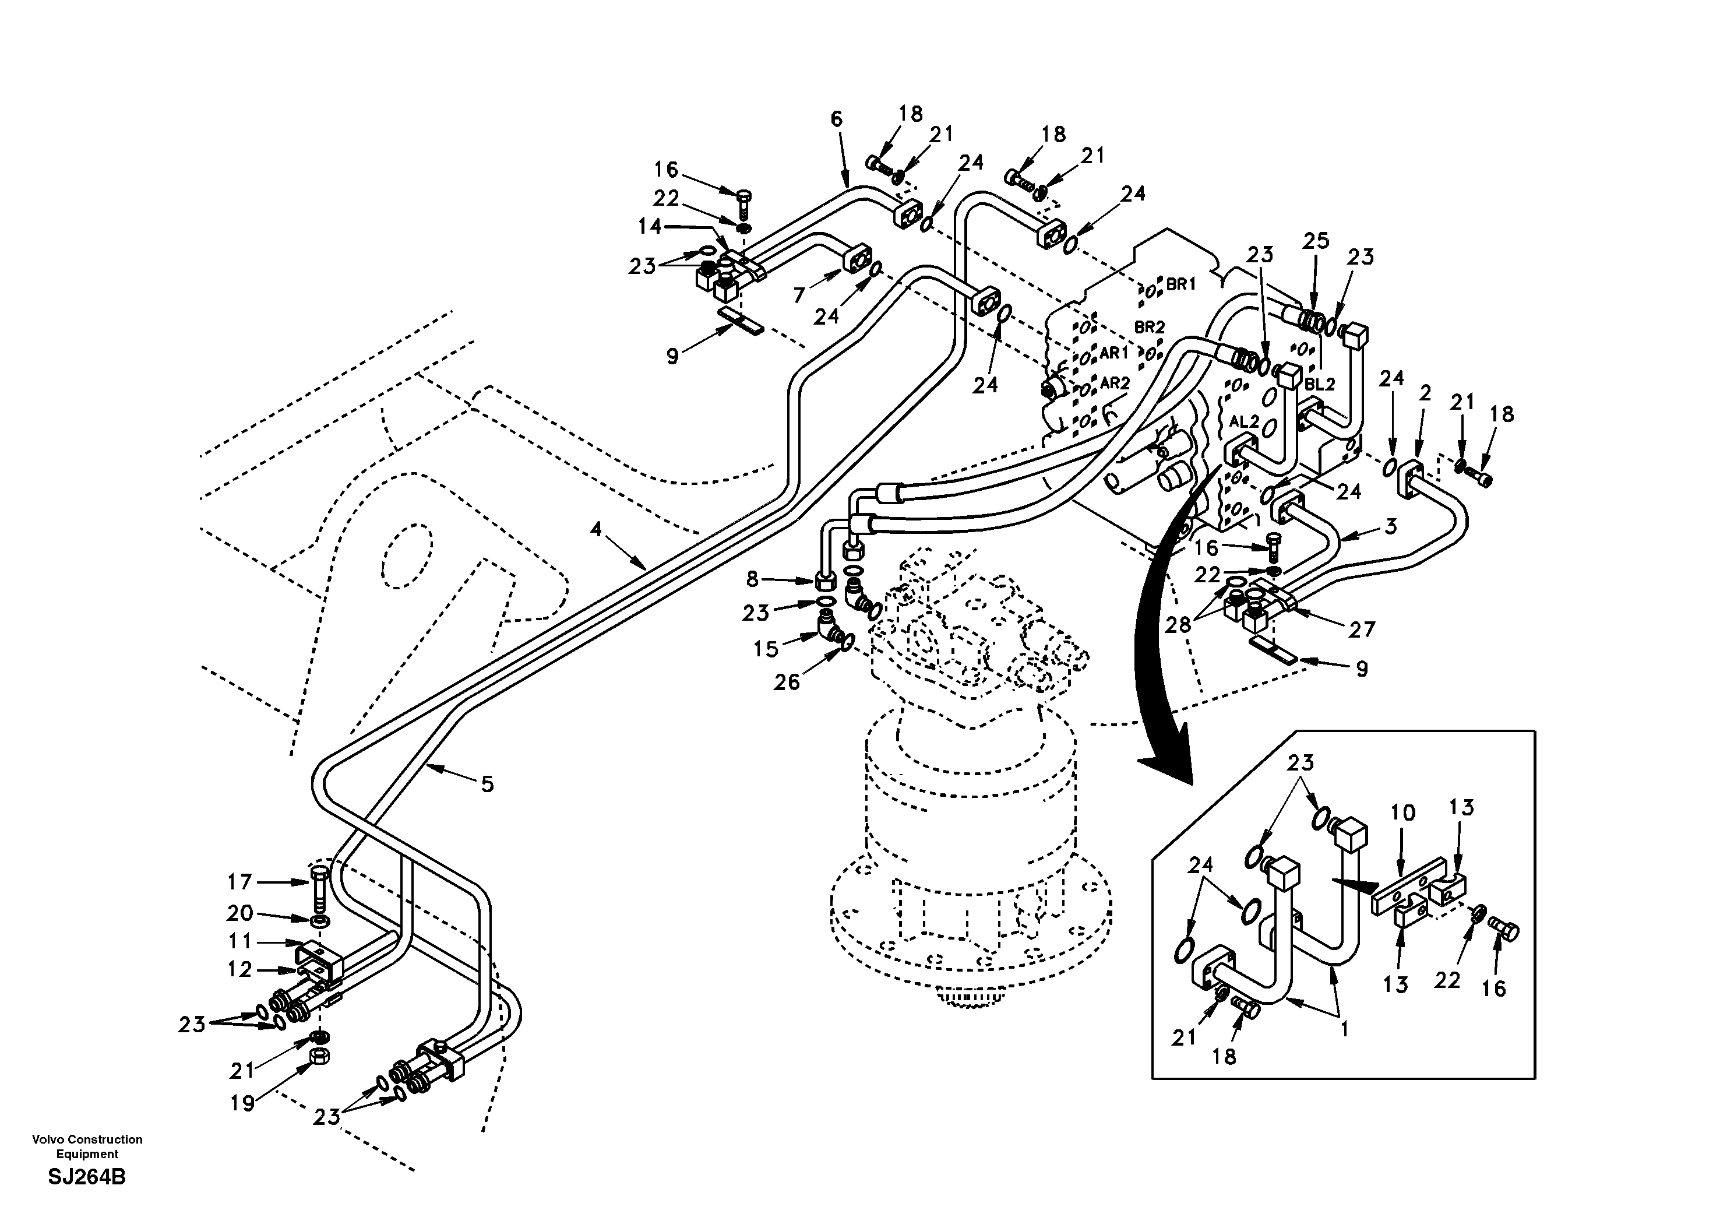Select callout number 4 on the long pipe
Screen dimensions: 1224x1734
pos(597,529)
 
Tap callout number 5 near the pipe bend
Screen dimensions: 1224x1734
pos(488,785)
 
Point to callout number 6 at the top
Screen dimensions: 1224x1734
pos(836,119)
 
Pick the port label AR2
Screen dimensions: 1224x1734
pos(1115,383)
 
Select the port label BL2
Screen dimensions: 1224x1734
pos(1319,384)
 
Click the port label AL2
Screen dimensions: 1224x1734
pos(1245,421)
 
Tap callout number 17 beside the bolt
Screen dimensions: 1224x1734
pos(239,882)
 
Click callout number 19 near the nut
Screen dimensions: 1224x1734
pos(242,1104)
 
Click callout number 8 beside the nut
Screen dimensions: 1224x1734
pos(752,579)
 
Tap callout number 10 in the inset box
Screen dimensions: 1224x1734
pos(1402,813)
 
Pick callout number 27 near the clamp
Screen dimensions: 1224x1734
pos(1362,629)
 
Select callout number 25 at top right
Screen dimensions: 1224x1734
pos(1316,241)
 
